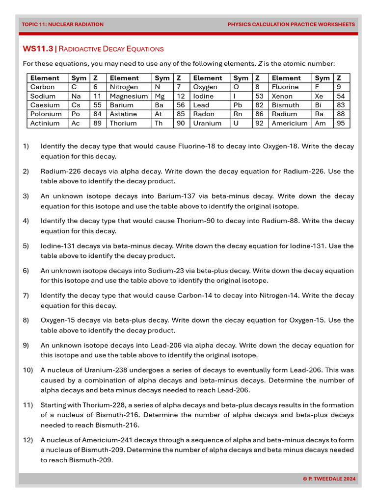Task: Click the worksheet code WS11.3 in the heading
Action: click(37, 49)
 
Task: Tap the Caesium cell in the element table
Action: click(45, 105)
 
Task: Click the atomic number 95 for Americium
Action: click(340, 123)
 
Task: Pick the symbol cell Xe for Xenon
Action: click(319, 96)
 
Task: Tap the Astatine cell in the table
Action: click(124, 114)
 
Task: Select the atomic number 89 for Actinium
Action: click(97, 123)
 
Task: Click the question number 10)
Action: click(27, 370)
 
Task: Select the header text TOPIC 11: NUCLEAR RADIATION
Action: click(62, 24)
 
